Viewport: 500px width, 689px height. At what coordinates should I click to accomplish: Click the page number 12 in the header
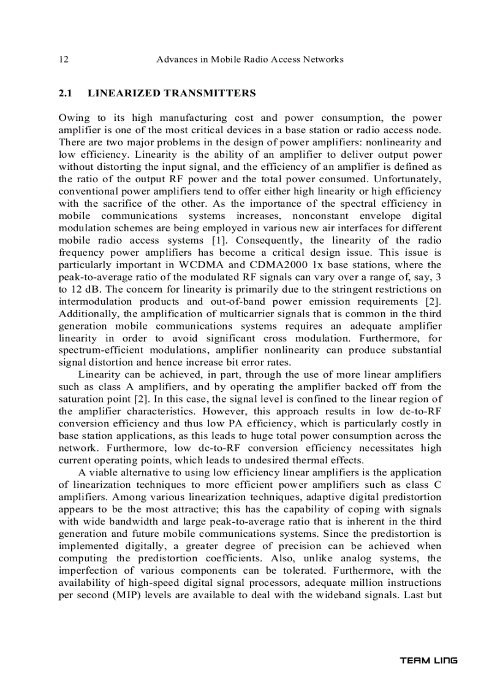[63, 60]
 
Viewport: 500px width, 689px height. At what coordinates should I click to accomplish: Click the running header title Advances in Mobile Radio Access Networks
[249, 60]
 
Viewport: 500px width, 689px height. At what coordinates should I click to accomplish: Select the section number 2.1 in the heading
[65, 93]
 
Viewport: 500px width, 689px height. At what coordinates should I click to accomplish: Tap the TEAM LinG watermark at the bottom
[428, 660]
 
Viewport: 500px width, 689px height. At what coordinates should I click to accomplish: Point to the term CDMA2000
[279, 265]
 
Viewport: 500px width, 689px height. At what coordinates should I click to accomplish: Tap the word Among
[126, 497]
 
